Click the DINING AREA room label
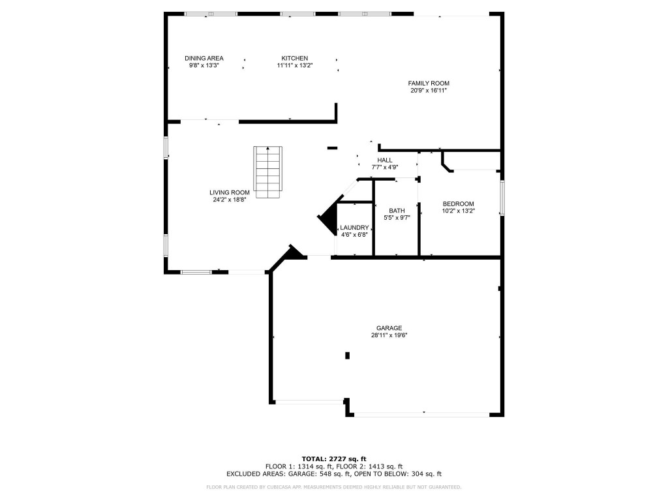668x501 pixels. click(x=204, y=58)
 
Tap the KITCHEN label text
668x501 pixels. click(x=294, y=58)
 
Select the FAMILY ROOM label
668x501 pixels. click(x=429, y=83)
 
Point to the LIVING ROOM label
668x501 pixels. click(x=230, y=192)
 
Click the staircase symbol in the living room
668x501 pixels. click(x=267, y=172)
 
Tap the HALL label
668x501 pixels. click(x=385, y=160)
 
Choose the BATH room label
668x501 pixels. click(x=397, y=211)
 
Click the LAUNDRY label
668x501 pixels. click(x=355, y=228)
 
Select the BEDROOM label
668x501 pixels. click(x=458, y=204)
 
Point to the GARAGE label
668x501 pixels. click(x=389, y=328)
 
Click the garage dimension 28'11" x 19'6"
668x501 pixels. click(x=389, y=335)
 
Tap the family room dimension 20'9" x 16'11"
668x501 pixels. click(x=429, y=91)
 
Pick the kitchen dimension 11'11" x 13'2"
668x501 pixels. click(x=294, y=65)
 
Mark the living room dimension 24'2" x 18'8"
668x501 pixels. click(x=230, y=200)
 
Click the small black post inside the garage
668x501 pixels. click(x=347, y=356)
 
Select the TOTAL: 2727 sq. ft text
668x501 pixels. click(x=334, y=459)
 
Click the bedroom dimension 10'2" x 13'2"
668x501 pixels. click(x=458, y=211)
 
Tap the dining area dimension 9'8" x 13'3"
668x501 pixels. click(x=204, y=65)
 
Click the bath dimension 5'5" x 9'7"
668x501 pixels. click(x=397, y=218)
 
